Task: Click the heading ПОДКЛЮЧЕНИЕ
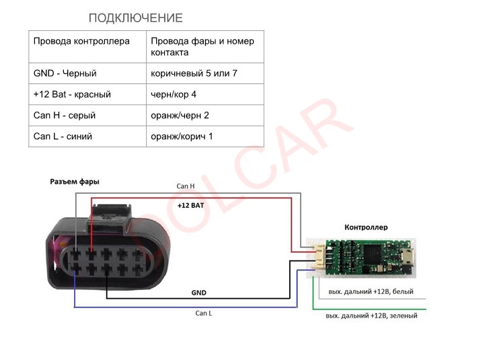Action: [135, 18]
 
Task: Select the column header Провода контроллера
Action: [81, 41]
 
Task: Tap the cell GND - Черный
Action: [65, 73]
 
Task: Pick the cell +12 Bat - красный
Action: [72, 94]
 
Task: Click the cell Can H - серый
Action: [65, 115]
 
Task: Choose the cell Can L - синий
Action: [63, 136]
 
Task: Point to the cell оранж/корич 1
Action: [182, 136]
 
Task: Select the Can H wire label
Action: [186, 186]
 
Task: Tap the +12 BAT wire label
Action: [190, 205]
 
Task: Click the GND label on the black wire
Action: [198, 293]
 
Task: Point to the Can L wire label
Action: [204, 313]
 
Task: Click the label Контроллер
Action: [366, 227]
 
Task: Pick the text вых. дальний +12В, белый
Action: [371, 292]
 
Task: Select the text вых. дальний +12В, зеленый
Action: [371, 315]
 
